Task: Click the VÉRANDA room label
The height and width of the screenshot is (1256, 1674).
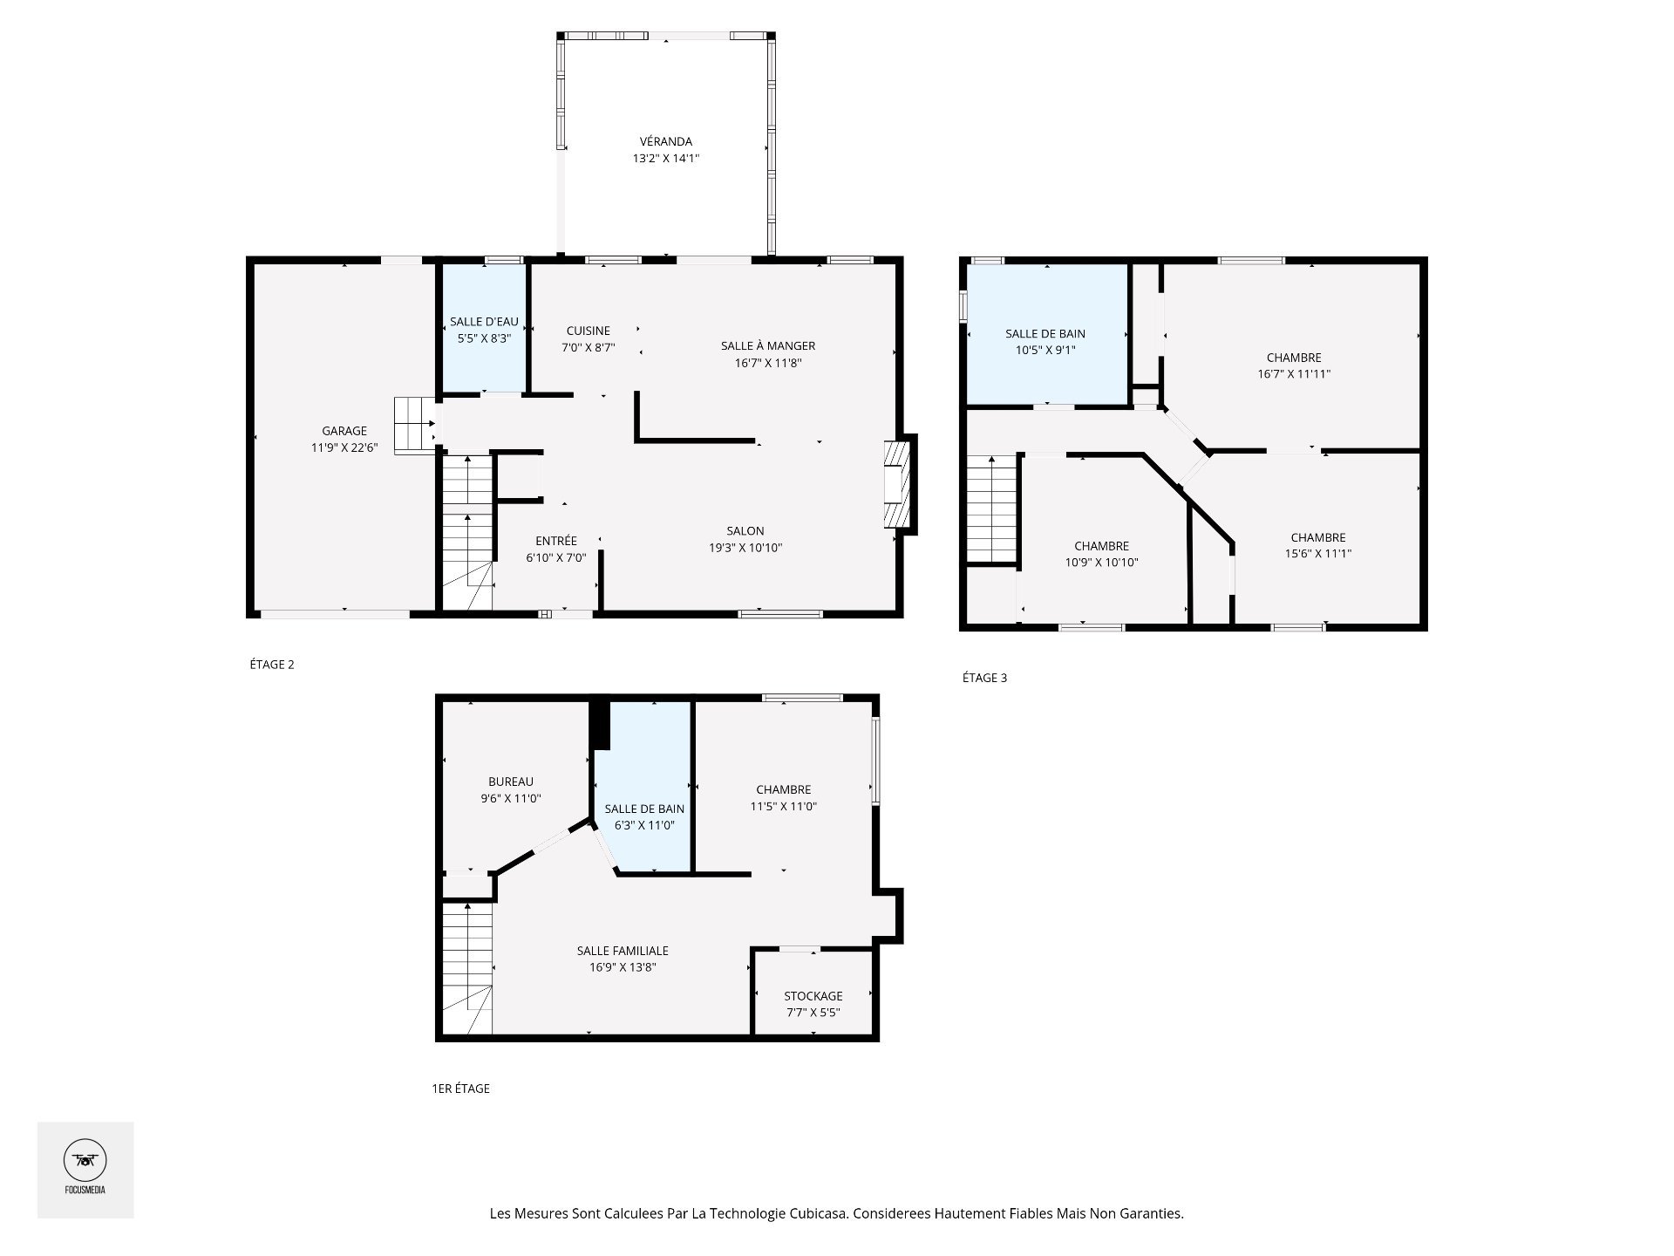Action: click(x=665, y=141)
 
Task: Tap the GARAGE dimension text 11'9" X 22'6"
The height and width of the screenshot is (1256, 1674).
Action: click(x=344, y=447)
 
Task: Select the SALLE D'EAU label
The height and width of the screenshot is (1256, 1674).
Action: click(x=484, y=322)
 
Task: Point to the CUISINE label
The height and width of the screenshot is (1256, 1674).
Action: click(x=589, y=331)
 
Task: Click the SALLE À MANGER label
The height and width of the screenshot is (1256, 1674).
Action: click(x=768, y=346)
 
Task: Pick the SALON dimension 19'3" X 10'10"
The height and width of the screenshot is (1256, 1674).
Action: click(x=745, y=548)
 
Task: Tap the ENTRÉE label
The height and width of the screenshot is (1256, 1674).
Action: click(x=556, y=541)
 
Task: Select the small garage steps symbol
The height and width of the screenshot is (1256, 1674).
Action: click(x=415, y=425)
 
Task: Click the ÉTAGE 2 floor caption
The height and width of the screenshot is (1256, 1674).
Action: click(x=272, y=665)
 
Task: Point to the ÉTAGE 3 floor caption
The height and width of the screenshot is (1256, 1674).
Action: click(x=984, y=678)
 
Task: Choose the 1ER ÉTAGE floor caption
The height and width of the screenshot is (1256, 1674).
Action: click(x=460, y=1089)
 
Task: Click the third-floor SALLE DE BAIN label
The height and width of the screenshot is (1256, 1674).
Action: click(x=1045, y=334)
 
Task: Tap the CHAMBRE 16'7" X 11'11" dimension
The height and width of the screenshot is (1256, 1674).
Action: click(x=1294, y=374)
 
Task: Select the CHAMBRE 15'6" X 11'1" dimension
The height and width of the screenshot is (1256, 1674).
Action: click(x=1318, y=554)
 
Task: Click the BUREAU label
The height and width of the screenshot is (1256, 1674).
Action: click(x=511, y=782)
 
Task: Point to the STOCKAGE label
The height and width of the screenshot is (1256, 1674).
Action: click(x=813, y=996)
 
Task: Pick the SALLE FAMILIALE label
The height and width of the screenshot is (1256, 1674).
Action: click(x=623, y=951)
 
